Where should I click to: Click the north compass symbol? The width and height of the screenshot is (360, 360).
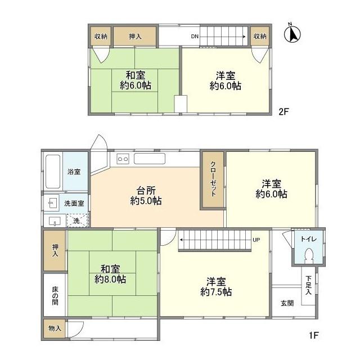pyautogui.click(x=292, y=35)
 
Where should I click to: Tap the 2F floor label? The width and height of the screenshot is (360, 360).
pyautogui.click(x=283, y=111)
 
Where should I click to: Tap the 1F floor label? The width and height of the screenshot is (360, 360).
pyautogui.click(x=313, y=336)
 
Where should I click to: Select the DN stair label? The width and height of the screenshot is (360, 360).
pyautogui.click(x=195, y=37)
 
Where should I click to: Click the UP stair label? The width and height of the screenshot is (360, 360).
pyautogui.click(x=256, y=239)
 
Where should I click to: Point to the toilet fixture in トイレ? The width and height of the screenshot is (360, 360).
pyautogui.click(x=308, y=256)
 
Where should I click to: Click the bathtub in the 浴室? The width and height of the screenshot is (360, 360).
pyautogui.click(x=52, y=171)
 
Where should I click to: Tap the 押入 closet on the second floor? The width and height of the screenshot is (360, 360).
pyautogui.click(x=135, y=37)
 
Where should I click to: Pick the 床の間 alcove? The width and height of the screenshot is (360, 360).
pyautogui.click(x=55, y=295)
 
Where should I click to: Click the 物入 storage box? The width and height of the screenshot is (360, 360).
pyautogui.click(x=55, y=327)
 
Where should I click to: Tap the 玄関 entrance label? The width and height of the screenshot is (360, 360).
pyautogui.click(x=287, y=304)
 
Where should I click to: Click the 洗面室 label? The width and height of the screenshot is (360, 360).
pyautogui.click(x=74, y=202)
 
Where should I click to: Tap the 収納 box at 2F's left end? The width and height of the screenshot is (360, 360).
pyautogui.click(x=101, y=37)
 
